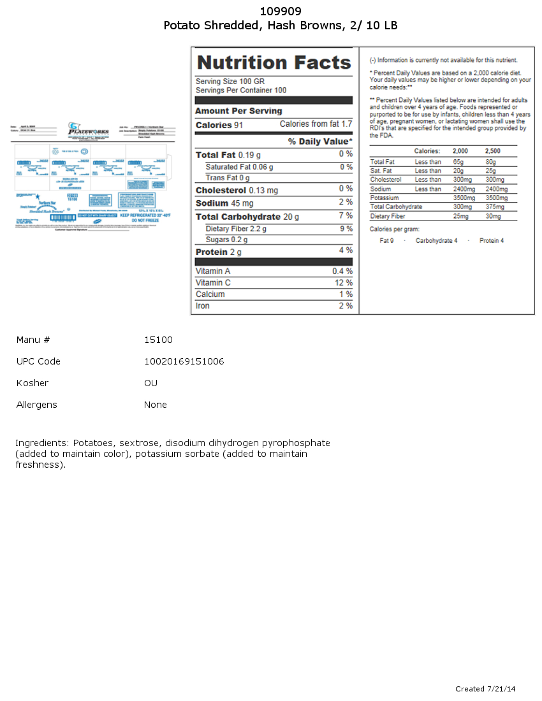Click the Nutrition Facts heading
274,62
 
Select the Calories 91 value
219,125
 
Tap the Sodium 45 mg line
224,203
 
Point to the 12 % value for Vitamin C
344,283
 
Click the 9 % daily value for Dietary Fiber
346,228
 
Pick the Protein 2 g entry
219,252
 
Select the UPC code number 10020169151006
184,361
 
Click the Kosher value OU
150,383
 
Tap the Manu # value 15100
158,340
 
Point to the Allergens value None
155,405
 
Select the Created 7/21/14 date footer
485,689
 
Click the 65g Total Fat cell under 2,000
458,162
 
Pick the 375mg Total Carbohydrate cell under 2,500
495,206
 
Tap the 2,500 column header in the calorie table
492,151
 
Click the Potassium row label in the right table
385,198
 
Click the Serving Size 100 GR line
230,82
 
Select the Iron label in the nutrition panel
202,306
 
